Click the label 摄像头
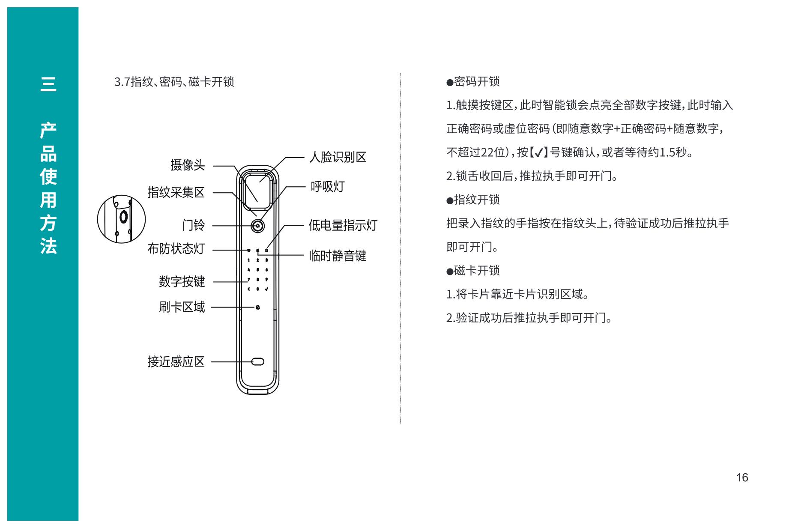(188, 165)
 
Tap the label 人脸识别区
(338, 158)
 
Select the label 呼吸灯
(328, 187)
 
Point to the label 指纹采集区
(176, 193)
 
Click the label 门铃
(194, 225)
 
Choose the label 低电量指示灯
(343, 225)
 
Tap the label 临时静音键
(338, 256)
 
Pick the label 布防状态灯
(176, 249)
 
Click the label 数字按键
(182, 282)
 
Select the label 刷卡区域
(182, 307)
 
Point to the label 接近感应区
(176, 362)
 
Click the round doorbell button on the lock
(258, 226)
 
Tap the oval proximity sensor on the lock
(258, 362)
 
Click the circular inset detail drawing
(121, 219)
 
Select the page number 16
(742, 478)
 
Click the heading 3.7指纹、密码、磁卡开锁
(174, 82)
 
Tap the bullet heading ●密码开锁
(473, 82)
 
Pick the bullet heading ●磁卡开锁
(473, 271)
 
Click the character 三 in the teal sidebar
(48, 84)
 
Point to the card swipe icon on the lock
(258, 307)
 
